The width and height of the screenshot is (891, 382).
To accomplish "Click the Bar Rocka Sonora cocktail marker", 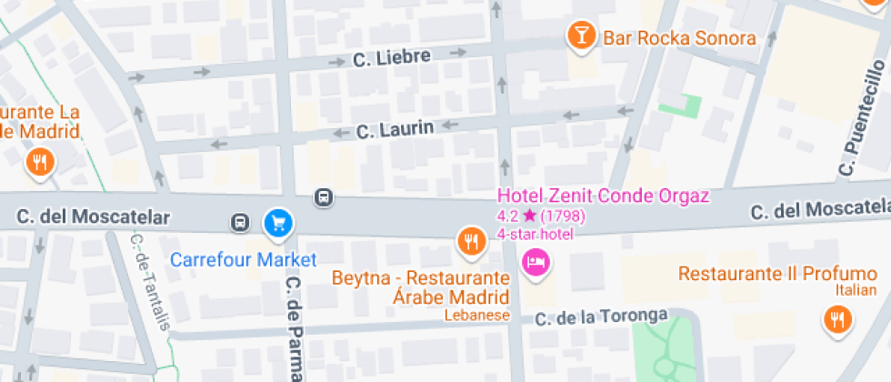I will pyautogui.click(x=580, y=36).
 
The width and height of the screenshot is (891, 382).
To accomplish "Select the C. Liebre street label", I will pyautogui.click(x=391, y=58).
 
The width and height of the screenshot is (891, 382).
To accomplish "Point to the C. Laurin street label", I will pyautogui.click(x=395, y=130).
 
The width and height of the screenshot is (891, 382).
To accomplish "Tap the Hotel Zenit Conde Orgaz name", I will pyautogui.click(x=603, y=196).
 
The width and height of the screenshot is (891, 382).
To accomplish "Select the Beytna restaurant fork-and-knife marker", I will pyautogui.click(x=469, y=240).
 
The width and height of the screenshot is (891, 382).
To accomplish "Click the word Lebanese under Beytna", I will pyautogui.click(x=476, y=316).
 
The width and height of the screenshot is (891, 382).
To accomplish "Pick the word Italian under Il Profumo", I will pyautogui.click(x=856, y=290).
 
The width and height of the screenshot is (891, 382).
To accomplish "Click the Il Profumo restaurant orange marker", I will pyautogui.click(x=836, y=318).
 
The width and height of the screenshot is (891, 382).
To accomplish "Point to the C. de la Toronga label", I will pyautogui.click(x=600, y=317).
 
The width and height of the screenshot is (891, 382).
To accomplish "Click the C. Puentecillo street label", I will pyautogui.click(x=861, y=118).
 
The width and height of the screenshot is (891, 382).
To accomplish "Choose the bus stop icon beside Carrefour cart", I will pyautogui.click(x=239, y=222).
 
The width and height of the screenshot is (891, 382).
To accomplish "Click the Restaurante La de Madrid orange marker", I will pyautogui.click(x=39, y=163).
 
